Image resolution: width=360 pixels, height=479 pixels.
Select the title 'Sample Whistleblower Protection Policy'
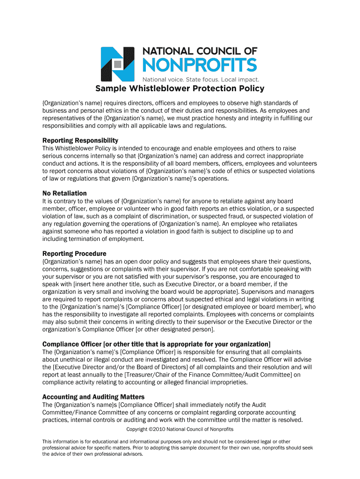click(x=180, y=89)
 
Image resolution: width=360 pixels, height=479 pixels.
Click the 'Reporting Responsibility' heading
click(x=80, y=140)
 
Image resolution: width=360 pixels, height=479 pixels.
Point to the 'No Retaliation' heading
click(x=65, y=193)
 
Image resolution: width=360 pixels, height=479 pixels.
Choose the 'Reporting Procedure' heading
click(x=74, y=254)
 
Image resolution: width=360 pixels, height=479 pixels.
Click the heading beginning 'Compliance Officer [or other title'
click(x=156, y=344)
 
